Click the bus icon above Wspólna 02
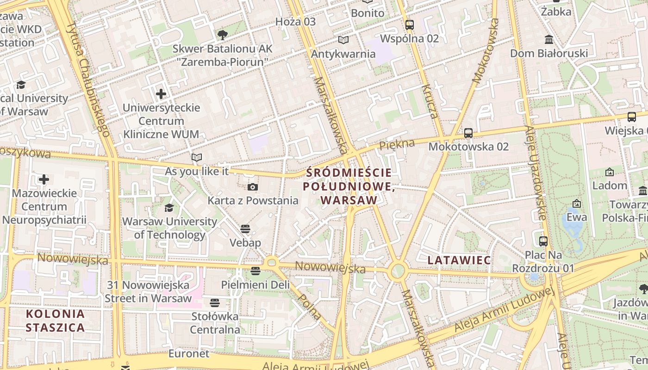coord(409,25)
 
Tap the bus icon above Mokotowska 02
coord(468,133)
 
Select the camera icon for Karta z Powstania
coord(253,187)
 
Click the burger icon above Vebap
coord(245,229)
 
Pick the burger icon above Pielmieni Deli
coord(255,271)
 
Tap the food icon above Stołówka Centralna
coord(214,303)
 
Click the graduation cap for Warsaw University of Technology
coord(169,208)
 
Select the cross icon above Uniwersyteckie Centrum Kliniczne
coord(161,94)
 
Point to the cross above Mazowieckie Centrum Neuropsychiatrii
coord(44,179)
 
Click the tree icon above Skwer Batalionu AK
coord(223,35)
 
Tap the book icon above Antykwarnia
coord(343,40)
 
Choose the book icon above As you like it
coord(197,158)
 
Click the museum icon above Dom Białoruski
coord(549,39)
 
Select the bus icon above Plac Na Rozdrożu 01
coord(543,241)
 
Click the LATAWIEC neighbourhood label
coord(459,260)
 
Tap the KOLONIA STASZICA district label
coord(56,321)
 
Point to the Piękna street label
coord(397,145)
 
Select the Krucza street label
coord(430,102)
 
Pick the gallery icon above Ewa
coord(577,203)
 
